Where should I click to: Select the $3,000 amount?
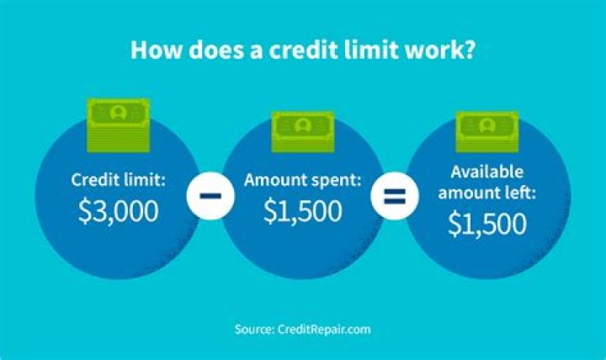(x=119, y=212)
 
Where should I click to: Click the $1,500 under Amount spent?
(x=302, y=212)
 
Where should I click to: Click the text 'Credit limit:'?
(x=119, y=180)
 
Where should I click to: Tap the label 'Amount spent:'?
(x=302, y=180)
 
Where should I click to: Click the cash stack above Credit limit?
(x=119, y=117)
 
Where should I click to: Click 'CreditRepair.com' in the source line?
(x=324, y=328)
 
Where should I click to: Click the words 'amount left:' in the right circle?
(x=488, y=193)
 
